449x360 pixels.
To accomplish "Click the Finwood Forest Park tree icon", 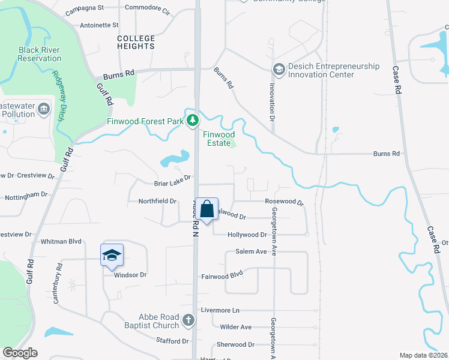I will tap(192, 121).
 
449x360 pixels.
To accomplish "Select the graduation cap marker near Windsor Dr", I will tap(112, 256).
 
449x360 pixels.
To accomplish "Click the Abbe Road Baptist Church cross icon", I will tap(188, 320).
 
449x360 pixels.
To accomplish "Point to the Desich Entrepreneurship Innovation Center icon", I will tap(279, 70).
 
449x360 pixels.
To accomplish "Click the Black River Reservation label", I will tap(40, 54).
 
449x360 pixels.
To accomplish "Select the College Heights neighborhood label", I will tap(136, 42).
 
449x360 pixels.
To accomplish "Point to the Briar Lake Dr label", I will tap(172, 178).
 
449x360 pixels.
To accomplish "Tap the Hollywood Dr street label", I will tap(247, 235).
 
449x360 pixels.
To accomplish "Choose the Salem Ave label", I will tap(251, 251).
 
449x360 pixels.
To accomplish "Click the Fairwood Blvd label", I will tap(221, 274).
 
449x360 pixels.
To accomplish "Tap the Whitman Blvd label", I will tap(61, 241).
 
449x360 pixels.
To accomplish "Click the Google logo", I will tap(20, 353).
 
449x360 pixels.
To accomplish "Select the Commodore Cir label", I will tap(147, 8).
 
